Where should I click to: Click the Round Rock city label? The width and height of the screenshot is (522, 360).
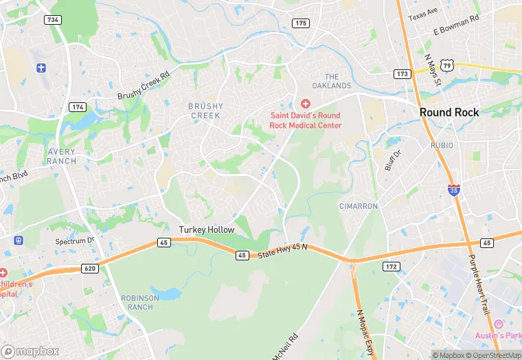449,113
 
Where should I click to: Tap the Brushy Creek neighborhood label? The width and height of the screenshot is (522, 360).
205,111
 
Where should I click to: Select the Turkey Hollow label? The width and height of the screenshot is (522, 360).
207,229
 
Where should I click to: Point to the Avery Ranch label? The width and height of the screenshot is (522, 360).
62,156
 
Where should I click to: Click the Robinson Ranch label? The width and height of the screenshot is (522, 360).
140,303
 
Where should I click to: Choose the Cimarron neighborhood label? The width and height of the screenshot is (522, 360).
358,206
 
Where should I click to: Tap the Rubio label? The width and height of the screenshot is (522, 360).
442,146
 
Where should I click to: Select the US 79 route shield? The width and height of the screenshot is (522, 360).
447,65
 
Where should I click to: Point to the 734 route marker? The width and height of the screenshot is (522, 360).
53,20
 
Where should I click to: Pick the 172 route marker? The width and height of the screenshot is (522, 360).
391,266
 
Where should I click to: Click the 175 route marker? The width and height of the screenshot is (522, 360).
300,23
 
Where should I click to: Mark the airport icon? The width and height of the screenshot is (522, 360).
41,68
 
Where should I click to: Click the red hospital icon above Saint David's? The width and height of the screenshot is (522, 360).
305,103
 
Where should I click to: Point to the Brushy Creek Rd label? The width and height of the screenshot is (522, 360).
143,86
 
